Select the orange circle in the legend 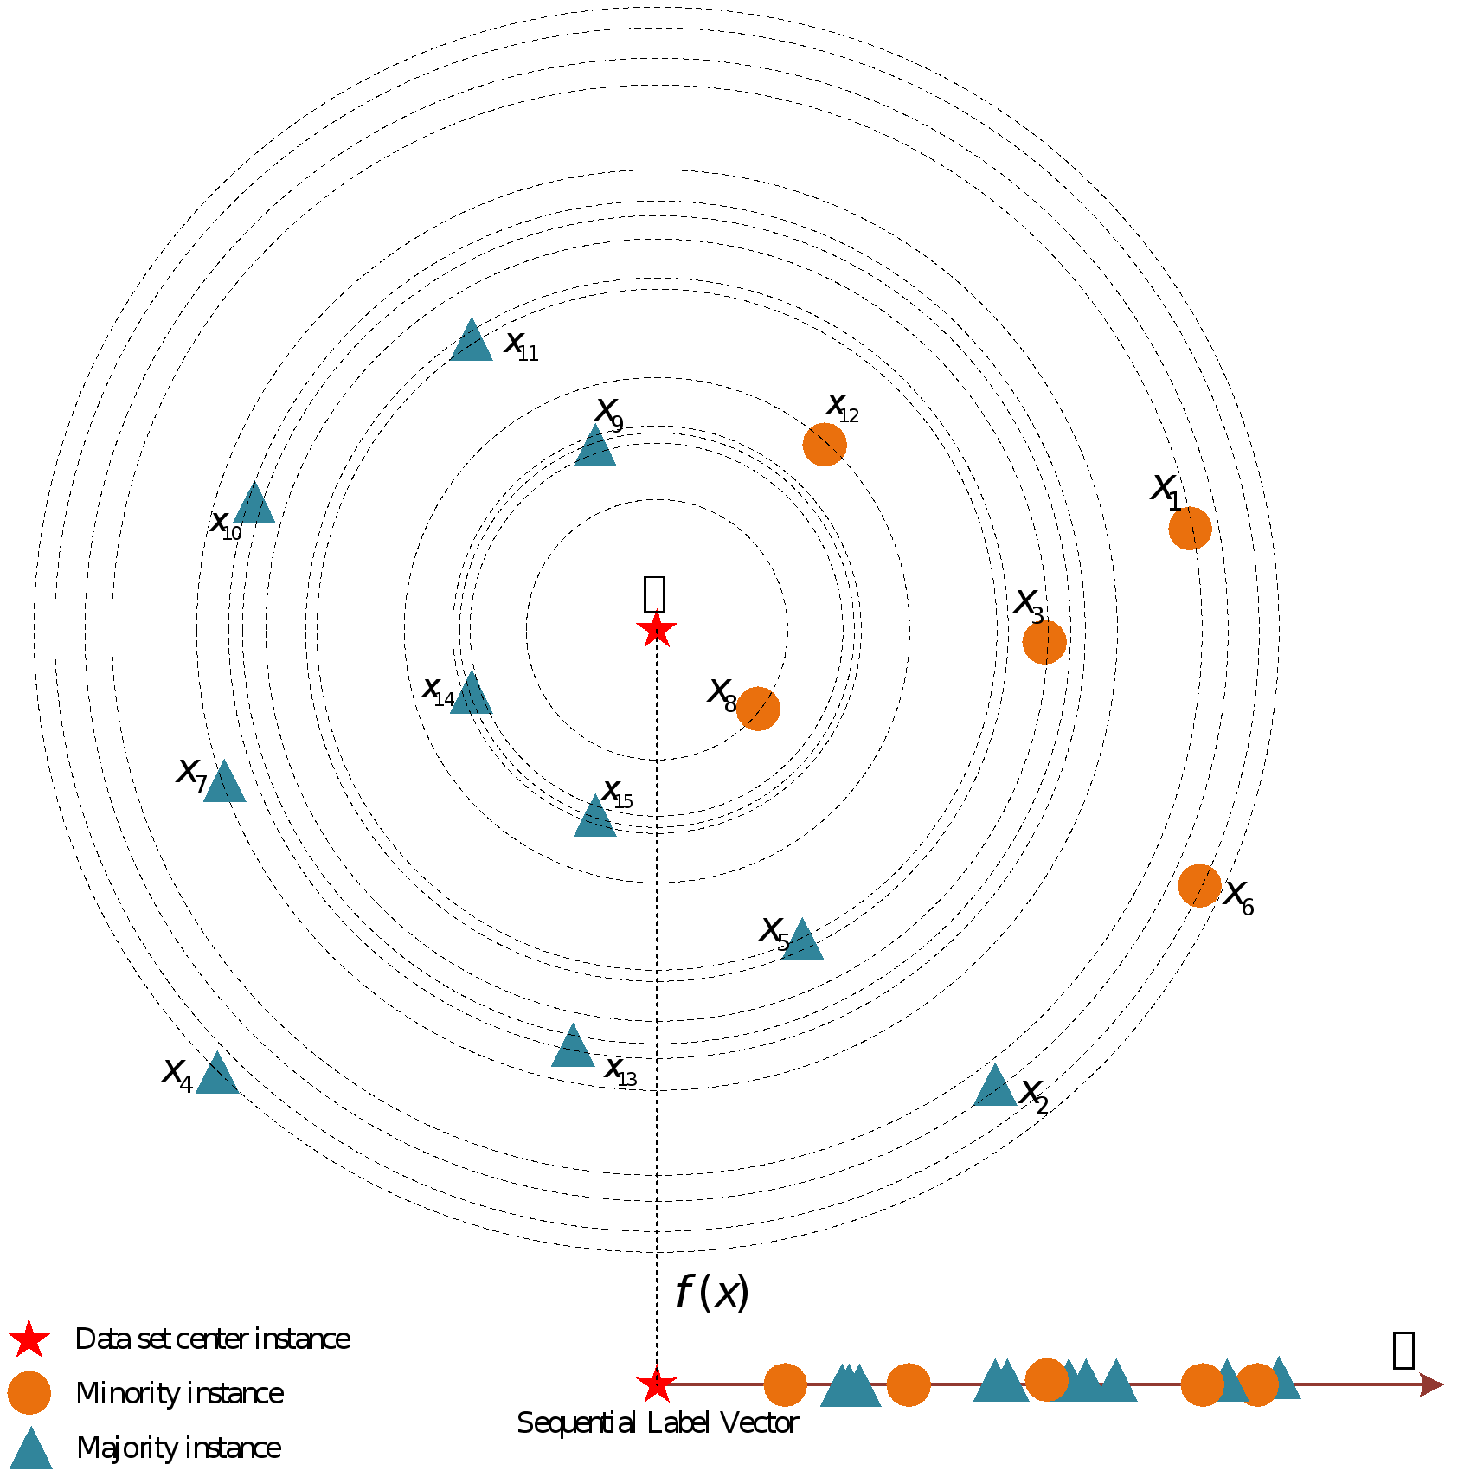[29, 1393]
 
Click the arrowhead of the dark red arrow [1433, 1384]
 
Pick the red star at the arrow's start [656, 1384]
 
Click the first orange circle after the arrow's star [785, 1384]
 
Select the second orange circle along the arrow [909, 1384]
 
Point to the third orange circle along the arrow [1047, 1380]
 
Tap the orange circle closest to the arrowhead [1257, 1384]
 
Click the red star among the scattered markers [656, 629]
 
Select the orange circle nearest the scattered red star [758, 709]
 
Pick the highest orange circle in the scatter [825, 445]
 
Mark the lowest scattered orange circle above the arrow [1199, 885]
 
